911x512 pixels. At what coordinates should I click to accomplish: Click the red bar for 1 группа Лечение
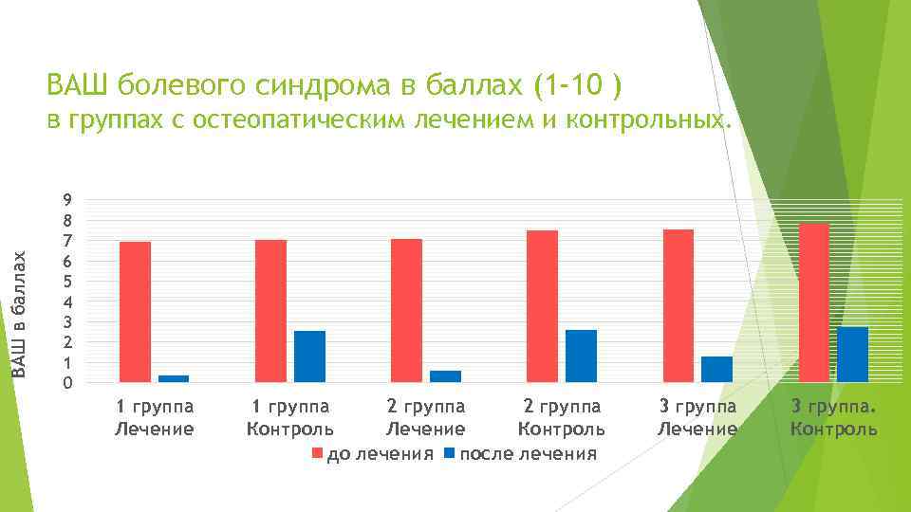(x=135, y=312)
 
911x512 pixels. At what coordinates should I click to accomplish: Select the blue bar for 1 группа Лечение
(x=174, y=378)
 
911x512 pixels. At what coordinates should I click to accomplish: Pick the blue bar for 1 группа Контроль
(x=309, y=357)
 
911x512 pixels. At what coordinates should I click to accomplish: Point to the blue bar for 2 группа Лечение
(x=445, y=376)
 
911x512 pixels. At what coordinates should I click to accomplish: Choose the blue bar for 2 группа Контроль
(x=581, y=357)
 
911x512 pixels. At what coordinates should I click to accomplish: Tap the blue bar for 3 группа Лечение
(x=717, y=370)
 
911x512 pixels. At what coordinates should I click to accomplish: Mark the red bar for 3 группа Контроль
(x=814, y=302)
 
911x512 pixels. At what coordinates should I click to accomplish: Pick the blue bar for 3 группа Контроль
(x=852, y=355)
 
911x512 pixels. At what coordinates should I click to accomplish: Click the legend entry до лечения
(x=374, y=454)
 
